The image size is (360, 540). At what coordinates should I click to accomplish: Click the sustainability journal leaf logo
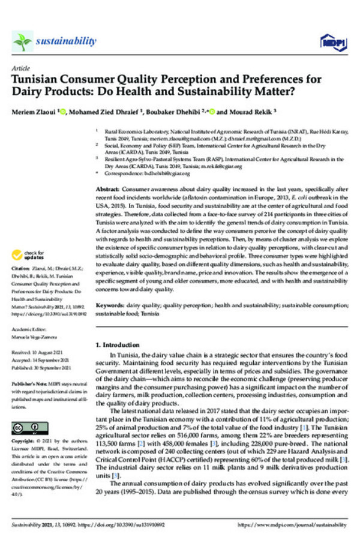[x=22, y=41]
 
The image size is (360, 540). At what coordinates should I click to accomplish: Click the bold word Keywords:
[x=111, y=305]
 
